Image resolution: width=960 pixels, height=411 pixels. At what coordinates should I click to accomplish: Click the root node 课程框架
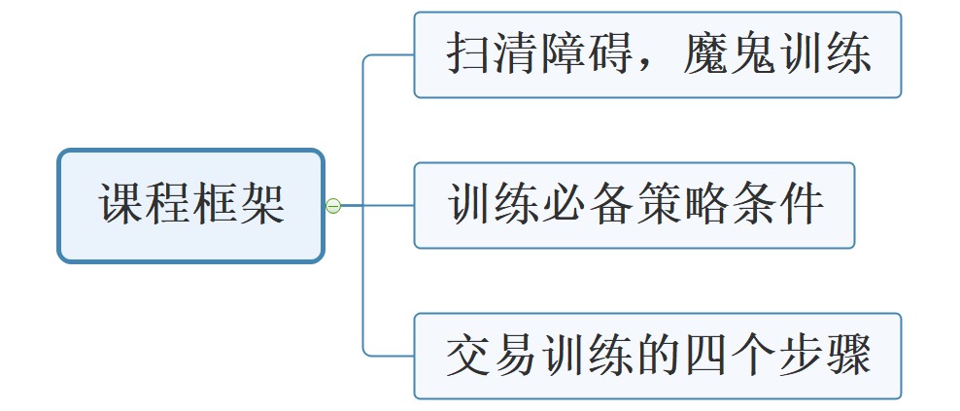[190, 205]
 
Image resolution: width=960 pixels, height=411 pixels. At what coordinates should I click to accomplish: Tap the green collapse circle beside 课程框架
[332, 206]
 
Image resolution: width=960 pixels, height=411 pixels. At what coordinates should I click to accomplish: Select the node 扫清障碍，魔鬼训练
[658, 54]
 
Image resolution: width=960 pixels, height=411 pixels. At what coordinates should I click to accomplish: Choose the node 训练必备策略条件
[634, 205]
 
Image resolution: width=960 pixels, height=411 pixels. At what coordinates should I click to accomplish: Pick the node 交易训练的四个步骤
[658, 356]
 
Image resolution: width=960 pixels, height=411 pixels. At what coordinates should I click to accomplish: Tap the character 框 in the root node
[215, 205]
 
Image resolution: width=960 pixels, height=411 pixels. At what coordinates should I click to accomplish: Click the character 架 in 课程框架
[261, 205]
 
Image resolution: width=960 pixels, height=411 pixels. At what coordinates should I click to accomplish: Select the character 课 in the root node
[121, 205]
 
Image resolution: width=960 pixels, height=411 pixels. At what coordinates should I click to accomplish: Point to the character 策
[658, 205]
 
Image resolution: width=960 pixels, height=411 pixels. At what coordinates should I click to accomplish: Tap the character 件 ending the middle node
[800, 205]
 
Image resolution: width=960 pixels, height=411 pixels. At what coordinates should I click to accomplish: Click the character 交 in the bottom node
[469, 356]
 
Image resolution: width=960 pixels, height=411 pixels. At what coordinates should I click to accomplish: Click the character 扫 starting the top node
[469, 54]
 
